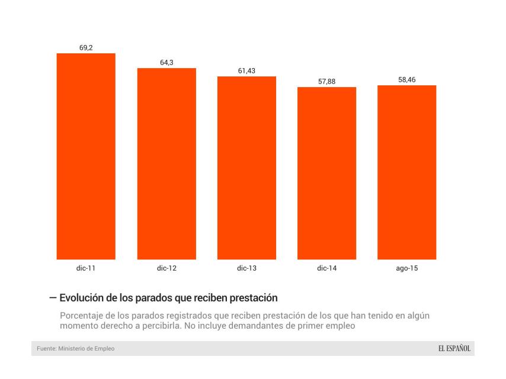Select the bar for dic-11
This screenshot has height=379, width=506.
point(86,156)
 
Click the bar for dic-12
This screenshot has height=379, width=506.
point(166,163)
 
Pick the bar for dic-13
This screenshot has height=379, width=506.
point(246,168)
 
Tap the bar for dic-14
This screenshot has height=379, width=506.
point(326,173)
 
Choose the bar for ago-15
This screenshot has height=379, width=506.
point(406,172)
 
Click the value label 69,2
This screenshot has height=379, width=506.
point(86,47)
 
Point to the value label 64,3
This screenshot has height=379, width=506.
point(166,62)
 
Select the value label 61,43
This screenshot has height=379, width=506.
point(246,70)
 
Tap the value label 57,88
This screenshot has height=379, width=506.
point(326,81)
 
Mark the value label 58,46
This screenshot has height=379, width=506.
point(406,79)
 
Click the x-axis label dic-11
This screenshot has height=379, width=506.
point(86,268)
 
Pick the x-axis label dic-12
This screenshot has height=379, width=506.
point(166,268)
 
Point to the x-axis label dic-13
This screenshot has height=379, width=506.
point(246,268)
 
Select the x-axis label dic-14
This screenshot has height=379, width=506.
point(326,268)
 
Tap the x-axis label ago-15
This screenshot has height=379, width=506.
point(406,268)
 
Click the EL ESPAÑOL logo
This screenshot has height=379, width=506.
point(450,348)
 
